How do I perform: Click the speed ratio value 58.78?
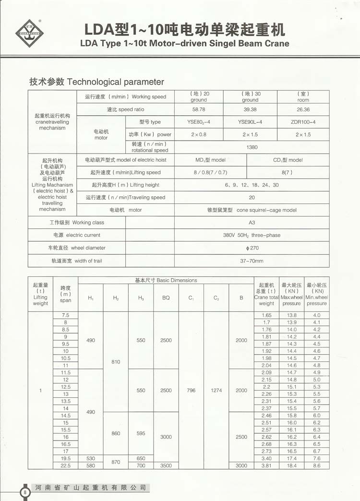click(199, 109)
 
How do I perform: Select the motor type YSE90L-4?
click(250, 122)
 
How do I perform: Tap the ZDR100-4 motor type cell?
click(303, 122)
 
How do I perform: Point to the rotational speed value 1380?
click(252, 147)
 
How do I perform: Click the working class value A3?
click(252, 223)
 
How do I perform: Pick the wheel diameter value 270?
click(252, 248)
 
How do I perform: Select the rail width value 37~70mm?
click(252, 261)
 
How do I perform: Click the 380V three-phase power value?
click(252, 235)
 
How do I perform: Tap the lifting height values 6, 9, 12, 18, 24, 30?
click(252, 185)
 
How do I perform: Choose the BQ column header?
click(166, 298)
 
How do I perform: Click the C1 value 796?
click(191, 391)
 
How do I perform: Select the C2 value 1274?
click(216, 391)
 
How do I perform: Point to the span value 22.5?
click(65, 465)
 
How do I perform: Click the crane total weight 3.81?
click(266, 465)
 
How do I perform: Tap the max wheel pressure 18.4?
click(291, 465)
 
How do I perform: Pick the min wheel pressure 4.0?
click(317, 315)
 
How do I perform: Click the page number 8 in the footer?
click(24, 492)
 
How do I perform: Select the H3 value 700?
click(141, 465)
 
